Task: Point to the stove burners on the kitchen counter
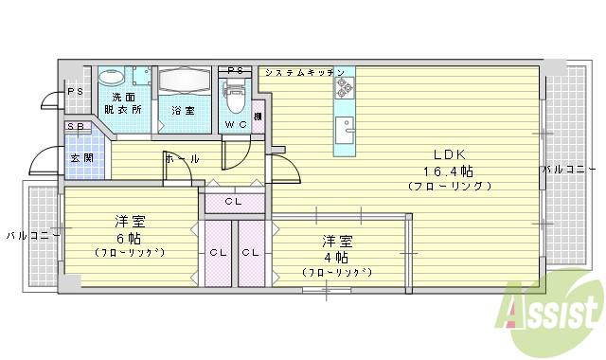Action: tap(343, 89)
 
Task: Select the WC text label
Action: tap(235, 124)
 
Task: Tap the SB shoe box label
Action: tap(74, 127)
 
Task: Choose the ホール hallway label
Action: tap(182, 159)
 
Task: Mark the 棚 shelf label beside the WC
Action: tap(258, 117)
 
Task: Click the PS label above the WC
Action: tap(237, 71)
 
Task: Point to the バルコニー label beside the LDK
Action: tap(566, 170)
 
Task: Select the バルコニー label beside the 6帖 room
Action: tap(32, 233)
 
